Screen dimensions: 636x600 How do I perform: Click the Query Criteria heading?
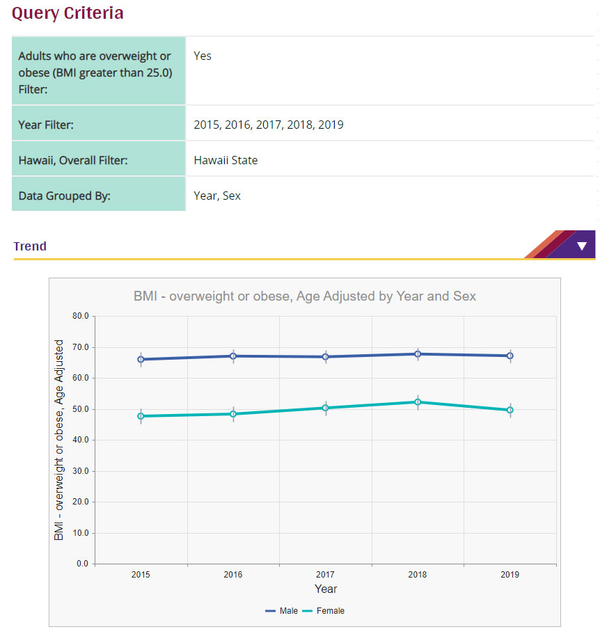coord(68,13)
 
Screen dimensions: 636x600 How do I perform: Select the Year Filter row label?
coord(46,125)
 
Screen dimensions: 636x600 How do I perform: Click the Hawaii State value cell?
coord(226,160)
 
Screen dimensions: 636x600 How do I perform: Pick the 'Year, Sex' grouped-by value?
coord(217,196)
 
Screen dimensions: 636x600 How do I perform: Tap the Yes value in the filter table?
coord(203,56)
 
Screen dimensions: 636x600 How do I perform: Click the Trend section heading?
coord(30,246)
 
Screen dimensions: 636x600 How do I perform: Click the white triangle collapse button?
coord(581,246)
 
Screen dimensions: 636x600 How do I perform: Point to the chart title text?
coord(304,296)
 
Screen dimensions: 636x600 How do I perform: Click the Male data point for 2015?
coord(141,360)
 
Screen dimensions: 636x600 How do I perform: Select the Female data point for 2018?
coord(418,402)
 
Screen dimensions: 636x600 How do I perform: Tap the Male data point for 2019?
coord(510,356)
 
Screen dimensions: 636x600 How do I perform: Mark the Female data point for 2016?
coord(233,414)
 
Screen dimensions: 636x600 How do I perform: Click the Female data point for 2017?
coord(325,408)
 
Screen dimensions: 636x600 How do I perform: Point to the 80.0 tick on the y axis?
coord(81,316)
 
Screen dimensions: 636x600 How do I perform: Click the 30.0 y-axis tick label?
coord(81,471)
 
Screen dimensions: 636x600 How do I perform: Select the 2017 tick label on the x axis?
coord(325,575)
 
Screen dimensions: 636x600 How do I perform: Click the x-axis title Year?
coord(325,589)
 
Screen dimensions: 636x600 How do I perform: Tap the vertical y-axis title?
coord(59,440)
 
